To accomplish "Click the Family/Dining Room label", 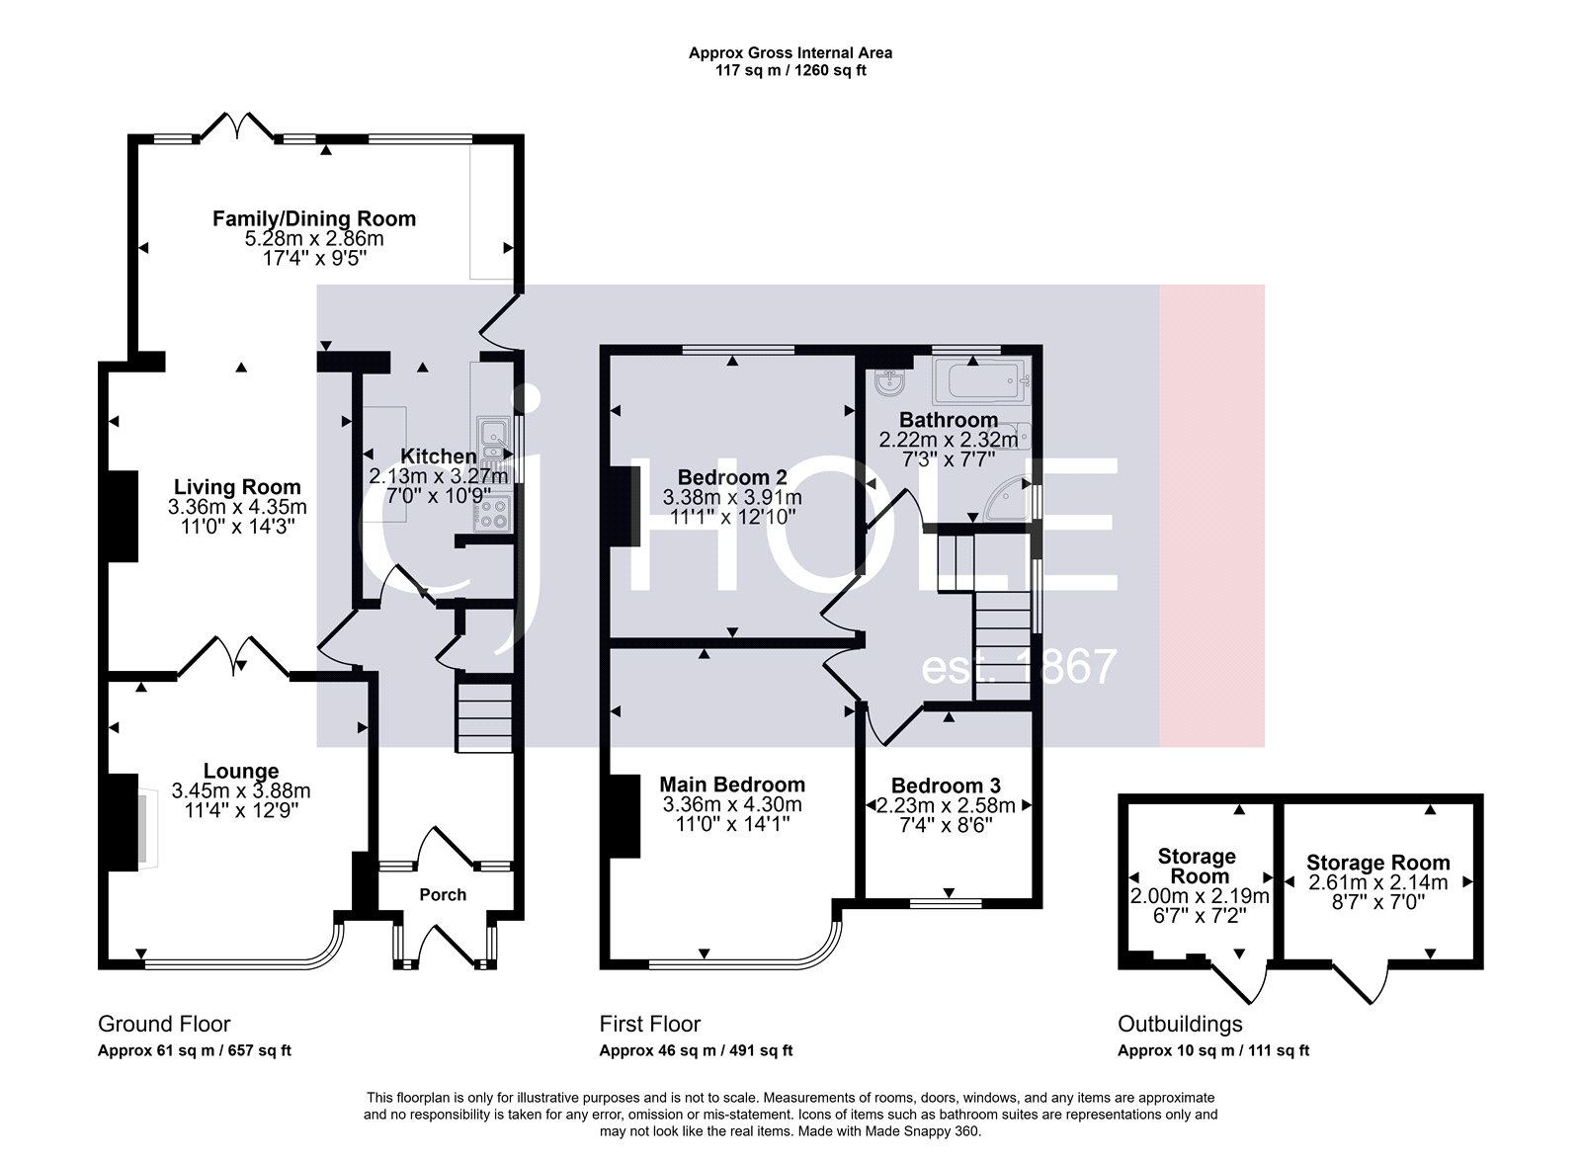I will click(314, 218).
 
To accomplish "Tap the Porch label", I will click(443, 894).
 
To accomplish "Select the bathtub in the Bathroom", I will click(980, 378).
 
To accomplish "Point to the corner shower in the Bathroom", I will click(1012, 500).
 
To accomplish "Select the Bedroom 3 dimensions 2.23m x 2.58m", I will click(946, 805).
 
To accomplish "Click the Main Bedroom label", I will click(732, 784).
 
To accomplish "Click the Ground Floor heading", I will click(164, 1024).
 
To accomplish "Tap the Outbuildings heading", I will click(1180, 1024).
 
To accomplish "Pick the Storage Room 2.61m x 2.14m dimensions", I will click(1377, 882).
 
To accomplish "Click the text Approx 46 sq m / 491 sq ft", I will click(696, 1050).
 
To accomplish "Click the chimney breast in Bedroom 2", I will click(624, 505).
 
